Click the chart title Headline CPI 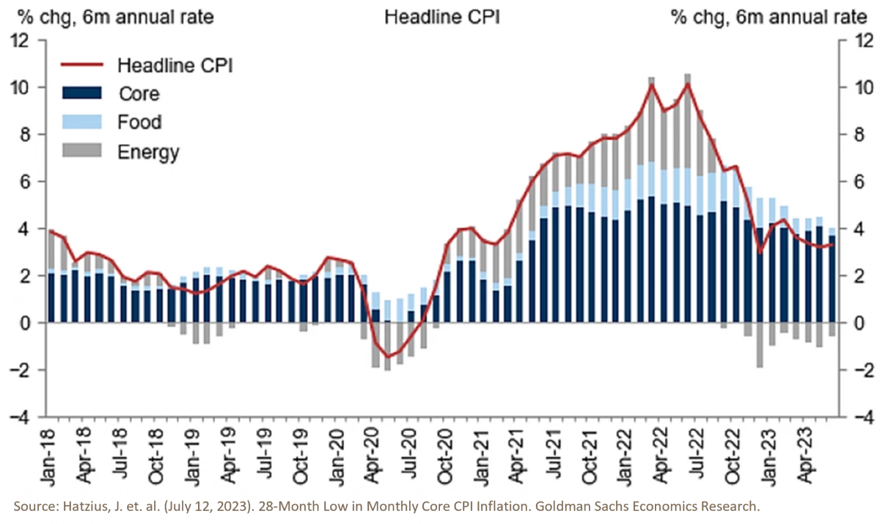pos(441,17)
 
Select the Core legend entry pos(138,93)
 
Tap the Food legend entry pos(139,123)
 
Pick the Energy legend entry pos(148,152)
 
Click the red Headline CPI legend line pos(80,65)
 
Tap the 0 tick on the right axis pos(851,323)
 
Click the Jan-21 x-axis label pos(483,449)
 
